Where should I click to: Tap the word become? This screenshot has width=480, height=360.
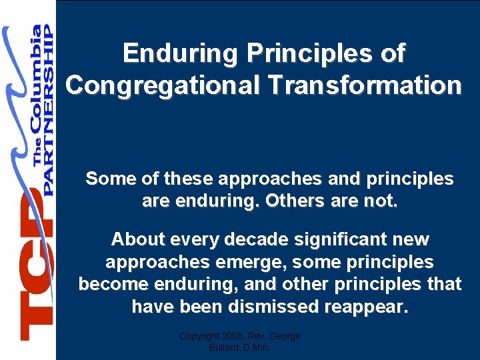(115, 284)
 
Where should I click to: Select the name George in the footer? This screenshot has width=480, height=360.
(285, 337)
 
